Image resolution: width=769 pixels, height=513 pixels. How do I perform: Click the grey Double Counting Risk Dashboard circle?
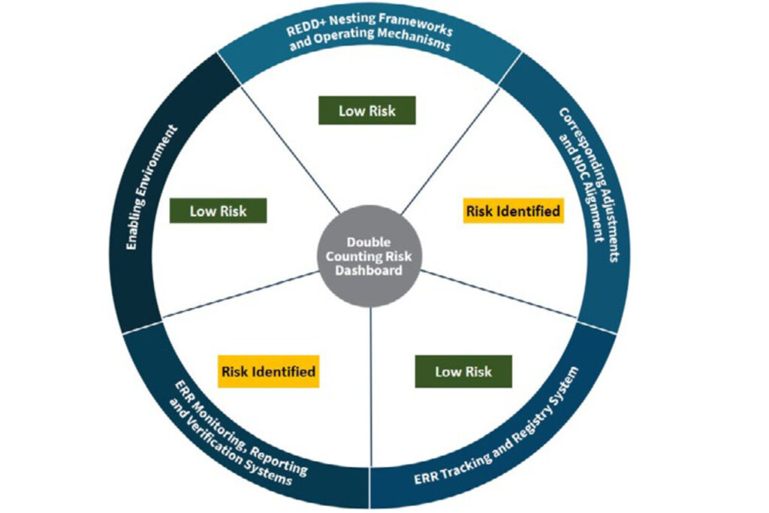[370, 256]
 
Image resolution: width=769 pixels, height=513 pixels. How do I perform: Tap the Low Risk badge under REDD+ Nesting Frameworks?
[366, 111]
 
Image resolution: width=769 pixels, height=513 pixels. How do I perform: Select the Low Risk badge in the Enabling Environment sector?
[218, 211]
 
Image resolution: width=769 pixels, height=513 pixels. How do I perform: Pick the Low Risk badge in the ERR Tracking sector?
[463, 371]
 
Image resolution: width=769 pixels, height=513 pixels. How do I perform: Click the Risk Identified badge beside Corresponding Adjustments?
[513, 211]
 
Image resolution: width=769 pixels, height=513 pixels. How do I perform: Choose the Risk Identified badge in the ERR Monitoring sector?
[268, 371]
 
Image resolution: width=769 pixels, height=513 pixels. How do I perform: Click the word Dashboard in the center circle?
[370, 271]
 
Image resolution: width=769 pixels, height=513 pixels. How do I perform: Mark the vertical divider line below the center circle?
[371, 376]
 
